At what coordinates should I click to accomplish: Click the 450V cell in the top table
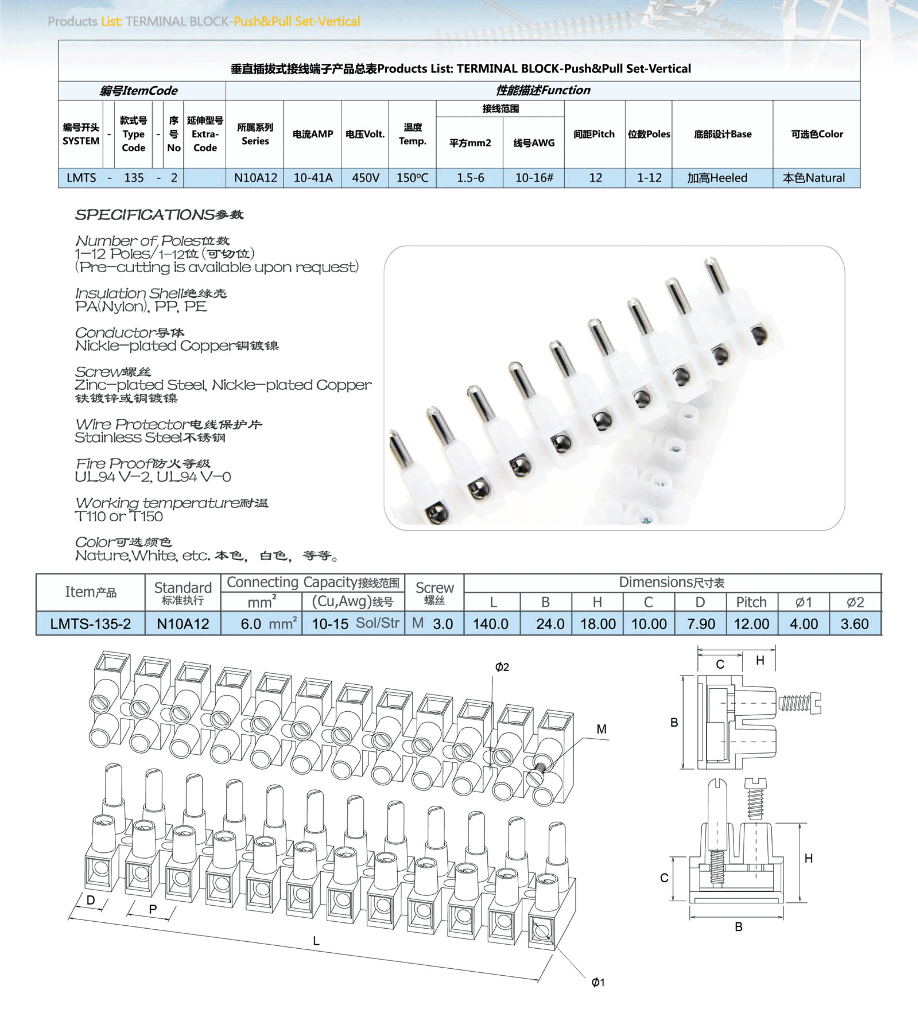[x=365, y=178]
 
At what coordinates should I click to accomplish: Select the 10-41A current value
[x=313, y=178]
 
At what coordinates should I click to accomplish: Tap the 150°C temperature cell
[x=412, y=178]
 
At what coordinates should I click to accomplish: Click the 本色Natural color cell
[x=814, y=178]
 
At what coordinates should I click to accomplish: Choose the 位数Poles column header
[x=648, y=134]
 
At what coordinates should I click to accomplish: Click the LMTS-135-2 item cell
[x=90, y=624]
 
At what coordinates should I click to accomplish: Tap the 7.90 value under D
[x=701, y=624]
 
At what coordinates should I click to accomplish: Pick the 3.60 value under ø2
[x=854, y=624]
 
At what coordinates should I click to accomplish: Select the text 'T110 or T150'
[x=118, y=517]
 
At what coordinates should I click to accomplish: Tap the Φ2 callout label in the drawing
[x=502, y=667]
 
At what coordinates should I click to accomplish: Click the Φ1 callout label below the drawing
[x=598, y=982]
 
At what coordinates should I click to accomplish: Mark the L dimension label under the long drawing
[x=316, y=941]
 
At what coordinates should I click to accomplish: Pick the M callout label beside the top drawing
[x=601, y=729]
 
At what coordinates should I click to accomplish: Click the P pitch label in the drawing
[x=153, y=909]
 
